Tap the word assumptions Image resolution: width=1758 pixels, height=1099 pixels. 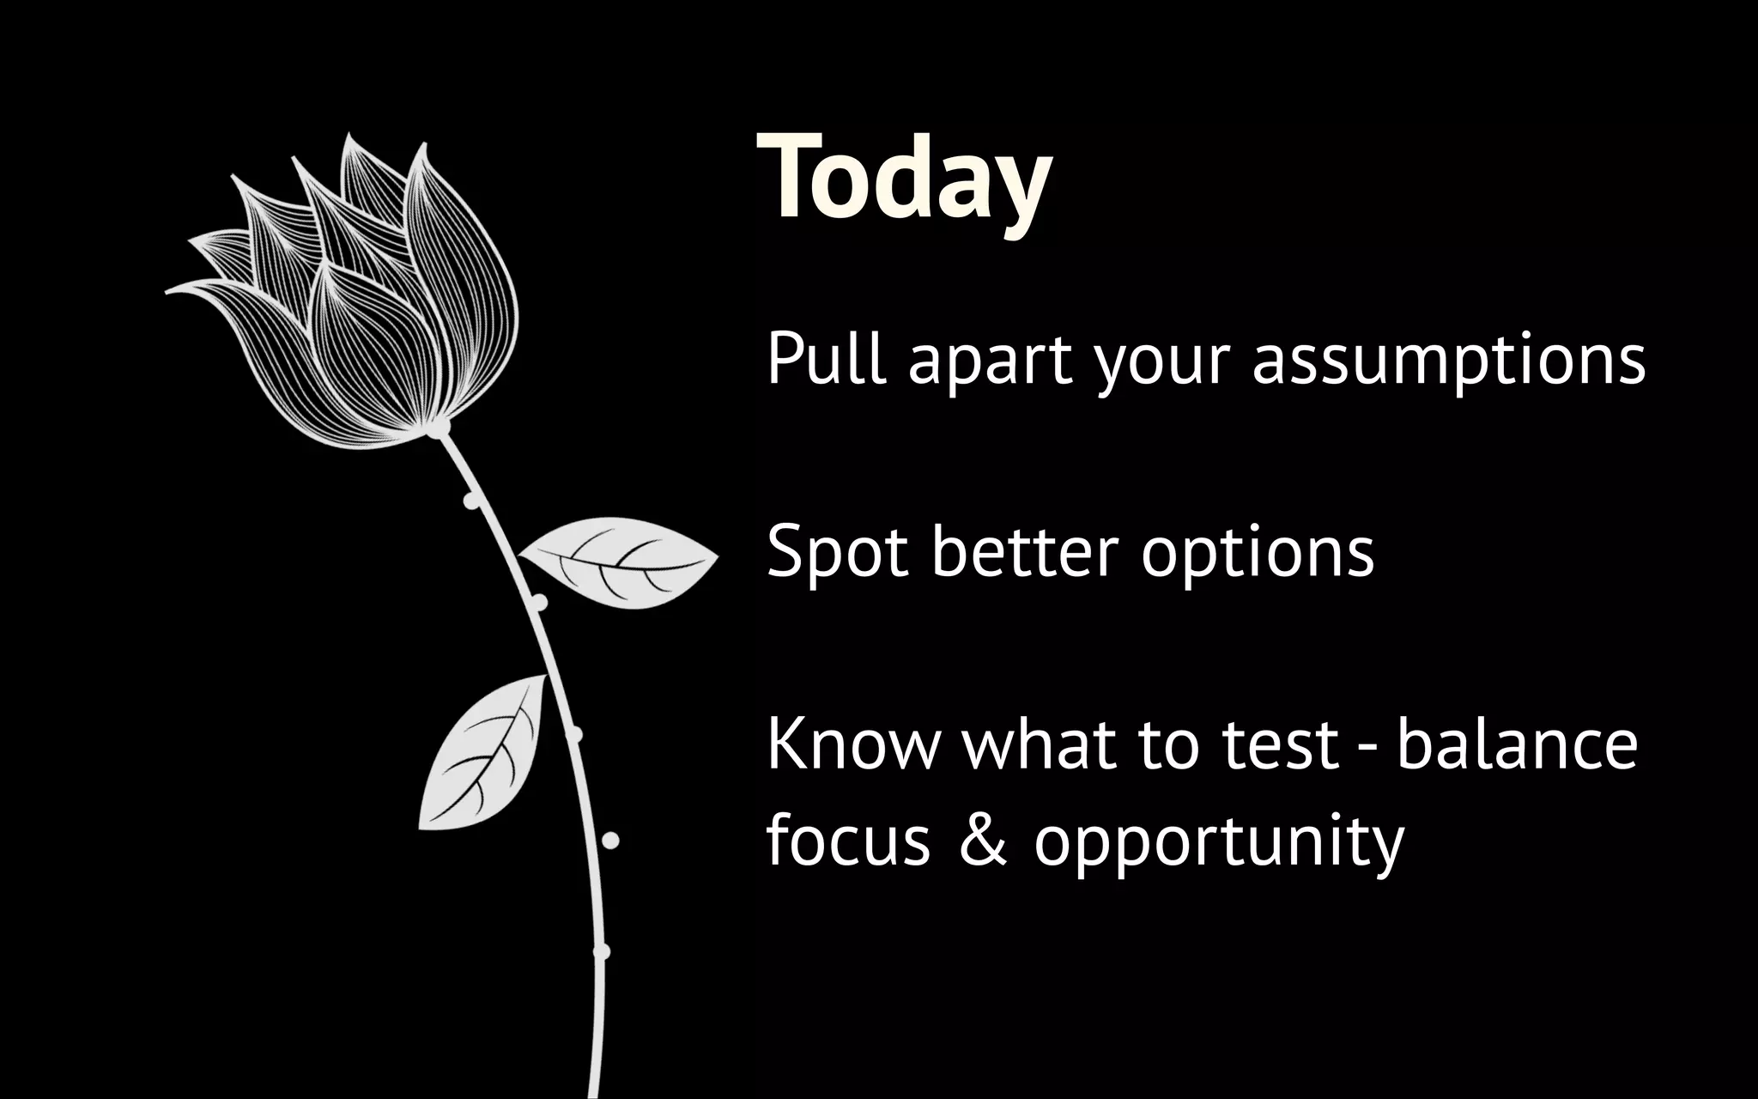pos(1448,361)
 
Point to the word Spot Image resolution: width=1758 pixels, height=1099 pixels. pos(836,551)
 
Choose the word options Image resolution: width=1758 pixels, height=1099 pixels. pos(1257,555)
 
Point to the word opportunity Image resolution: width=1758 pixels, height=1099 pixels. pos(1218,843)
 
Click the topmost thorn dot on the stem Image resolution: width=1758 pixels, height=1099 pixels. pos(470,501)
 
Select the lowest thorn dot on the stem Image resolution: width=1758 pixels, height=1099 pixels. pos(602,951)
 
